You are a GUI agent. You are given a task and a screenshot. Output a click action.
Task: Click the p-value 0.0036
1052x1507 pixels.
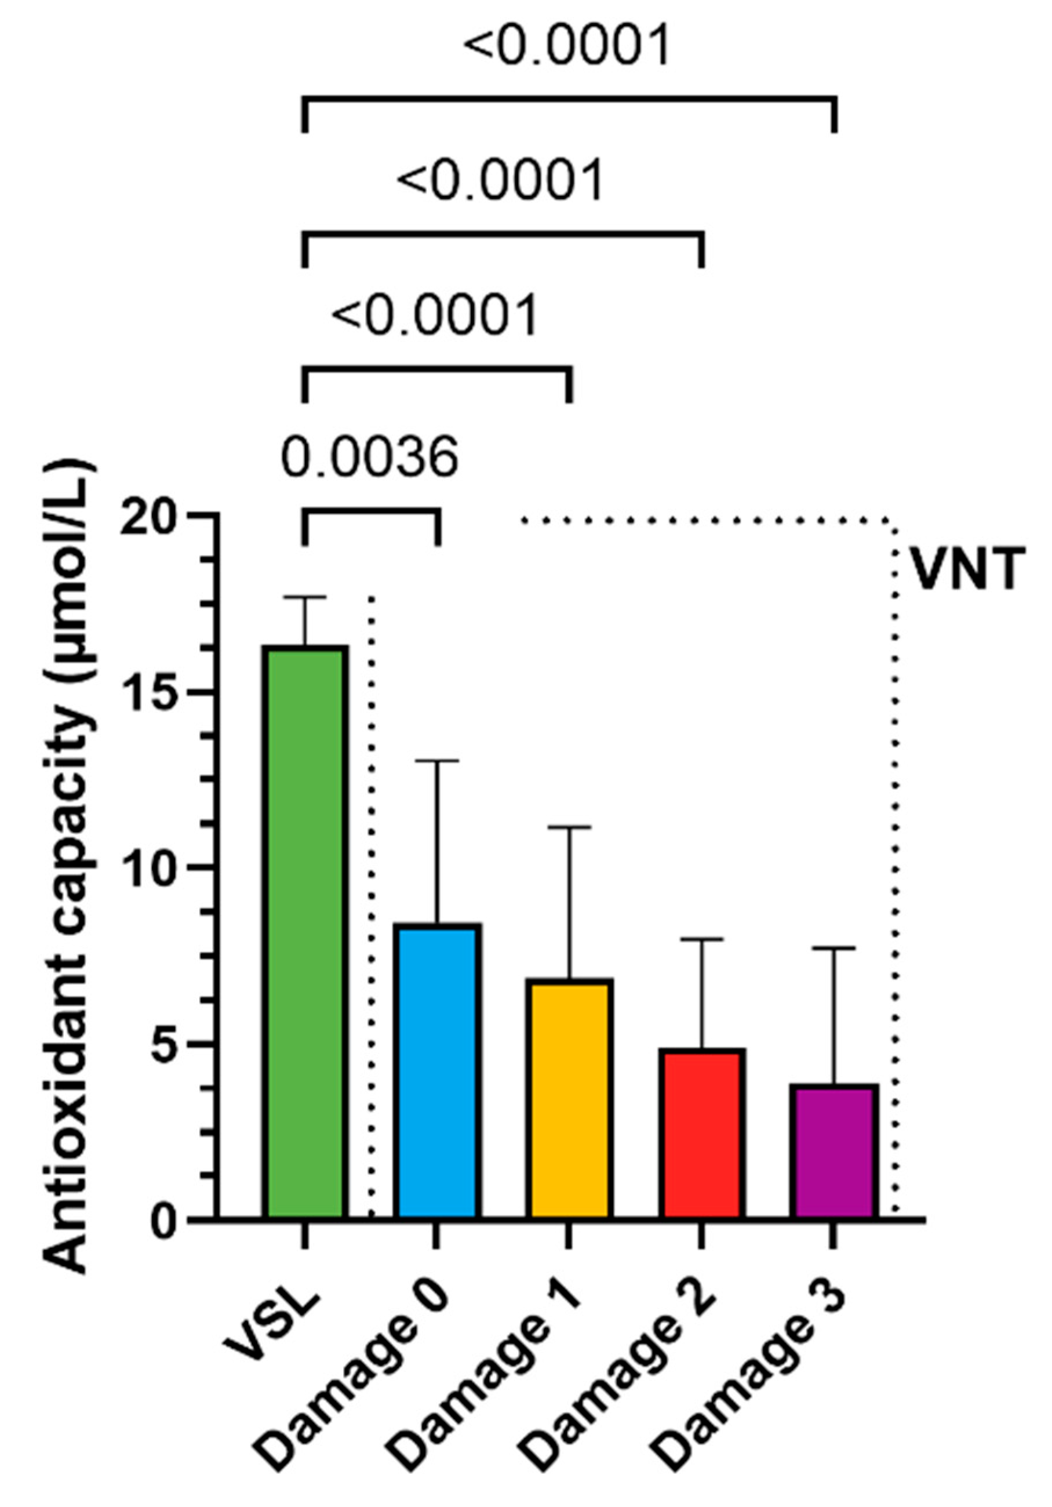point(369,457)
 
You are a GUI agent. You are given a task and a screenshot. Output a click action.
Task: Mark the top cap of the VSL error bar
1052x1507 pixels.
point(304,597)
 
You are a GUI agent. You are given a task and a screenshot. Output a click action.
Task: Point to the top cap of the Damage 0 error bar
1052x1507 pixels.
point(437,761)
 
